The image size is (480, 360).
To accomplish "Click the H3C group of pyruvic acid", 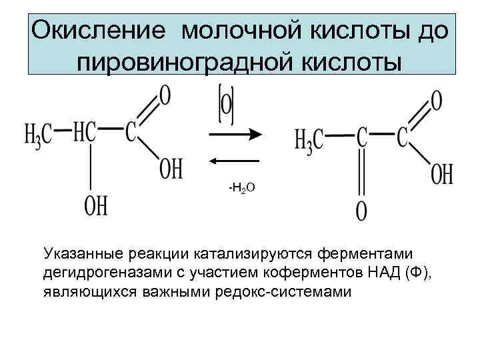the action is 309,139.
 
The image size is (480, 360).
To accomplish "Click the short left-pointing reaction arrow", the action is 235,161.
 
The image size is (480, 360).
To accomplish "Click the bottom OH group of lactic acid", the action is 96,205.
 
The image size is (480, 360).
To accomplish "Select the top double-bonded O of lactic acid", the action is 164,95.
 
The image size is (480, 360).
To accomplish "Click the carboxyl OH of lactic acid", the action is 171,168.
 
